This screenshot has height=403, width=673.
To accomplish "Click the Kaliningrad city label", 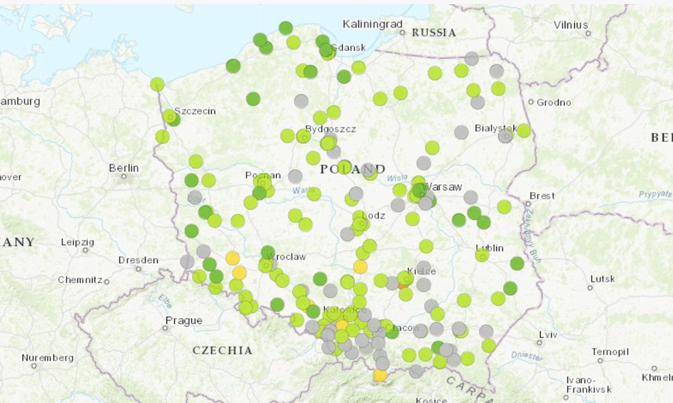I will tap(372, 24).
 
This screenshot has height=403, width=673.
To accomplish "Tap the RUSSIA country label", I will tap(434, 32).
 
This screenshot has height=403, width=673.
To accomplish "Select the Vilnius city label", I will tap(571, 24).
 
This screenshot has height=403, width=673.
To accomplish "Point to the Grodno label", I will tap(554, 103).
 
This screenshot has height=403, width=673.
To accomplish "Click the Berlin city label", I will tap(123, 168).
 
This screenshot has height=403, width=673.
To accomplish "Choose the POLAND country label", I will tap(352, 169).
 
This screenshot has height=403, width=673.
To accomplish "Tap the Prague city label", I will tap(184, 320).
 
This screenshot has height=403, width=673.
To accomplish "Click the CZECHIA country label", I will tap(222, 350).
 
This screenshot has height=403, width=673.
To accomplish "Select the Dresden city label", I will tap(138, 260).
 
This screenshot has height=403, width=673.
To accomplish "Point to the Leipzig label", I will tap(77, 243).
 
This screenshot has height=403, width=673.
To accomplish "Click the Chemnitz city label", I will tap(79, 280).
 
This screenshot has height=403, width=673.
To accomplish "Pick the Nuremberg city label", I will tap(47, 358).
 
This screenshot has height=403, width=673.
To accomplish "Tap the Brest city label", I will tap(541, 195).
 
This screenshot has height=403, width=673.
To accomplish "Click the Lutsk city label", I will tap(603, 278).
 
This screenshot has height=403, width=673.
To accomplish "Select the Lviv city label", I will tap(548, 334).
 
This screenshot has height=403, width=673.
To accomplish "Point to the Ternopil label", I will tap(609, 352).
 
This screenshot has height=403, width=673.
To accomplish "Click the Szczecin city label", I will tap(195, 111).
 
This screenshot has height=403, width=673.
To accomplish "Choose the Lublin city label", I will tap(489, 248).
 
